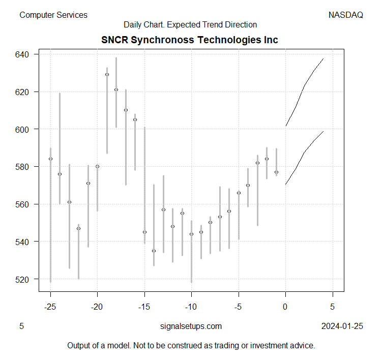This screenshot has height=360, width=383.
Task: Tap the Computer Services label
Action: [53, 15]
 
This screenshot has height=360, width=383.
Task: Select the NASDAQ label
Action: [346, 15]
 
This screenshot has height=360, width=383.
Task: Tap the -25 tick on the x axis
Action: [50, 307]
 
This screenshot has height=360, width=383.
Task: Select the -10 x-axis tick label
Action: [191, 307]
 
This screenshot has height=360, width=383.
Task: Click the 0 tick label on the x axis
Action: [285, 307]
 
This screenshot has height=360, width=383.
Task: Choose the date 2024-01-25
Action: [342, 326]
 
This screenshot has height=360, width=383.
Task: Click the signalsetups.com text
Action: [191, 326]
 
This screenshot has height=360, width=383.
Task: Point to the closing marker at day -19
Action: [107, 75]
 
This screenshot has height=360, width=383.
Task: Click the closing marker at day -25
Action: [50, 159]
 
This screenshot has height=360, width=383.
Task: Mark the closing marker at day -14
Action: [154, 251]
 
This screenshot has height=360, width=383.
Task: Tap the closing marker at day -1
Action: [276, 172]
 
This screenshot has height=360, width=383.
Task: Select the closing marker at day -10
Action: [191, 234]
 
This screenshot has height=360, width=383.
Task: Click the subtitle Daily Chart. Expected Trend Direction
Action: [190, 24]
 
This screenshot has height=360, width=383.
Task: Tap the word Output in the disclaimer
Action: [80, 346]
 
